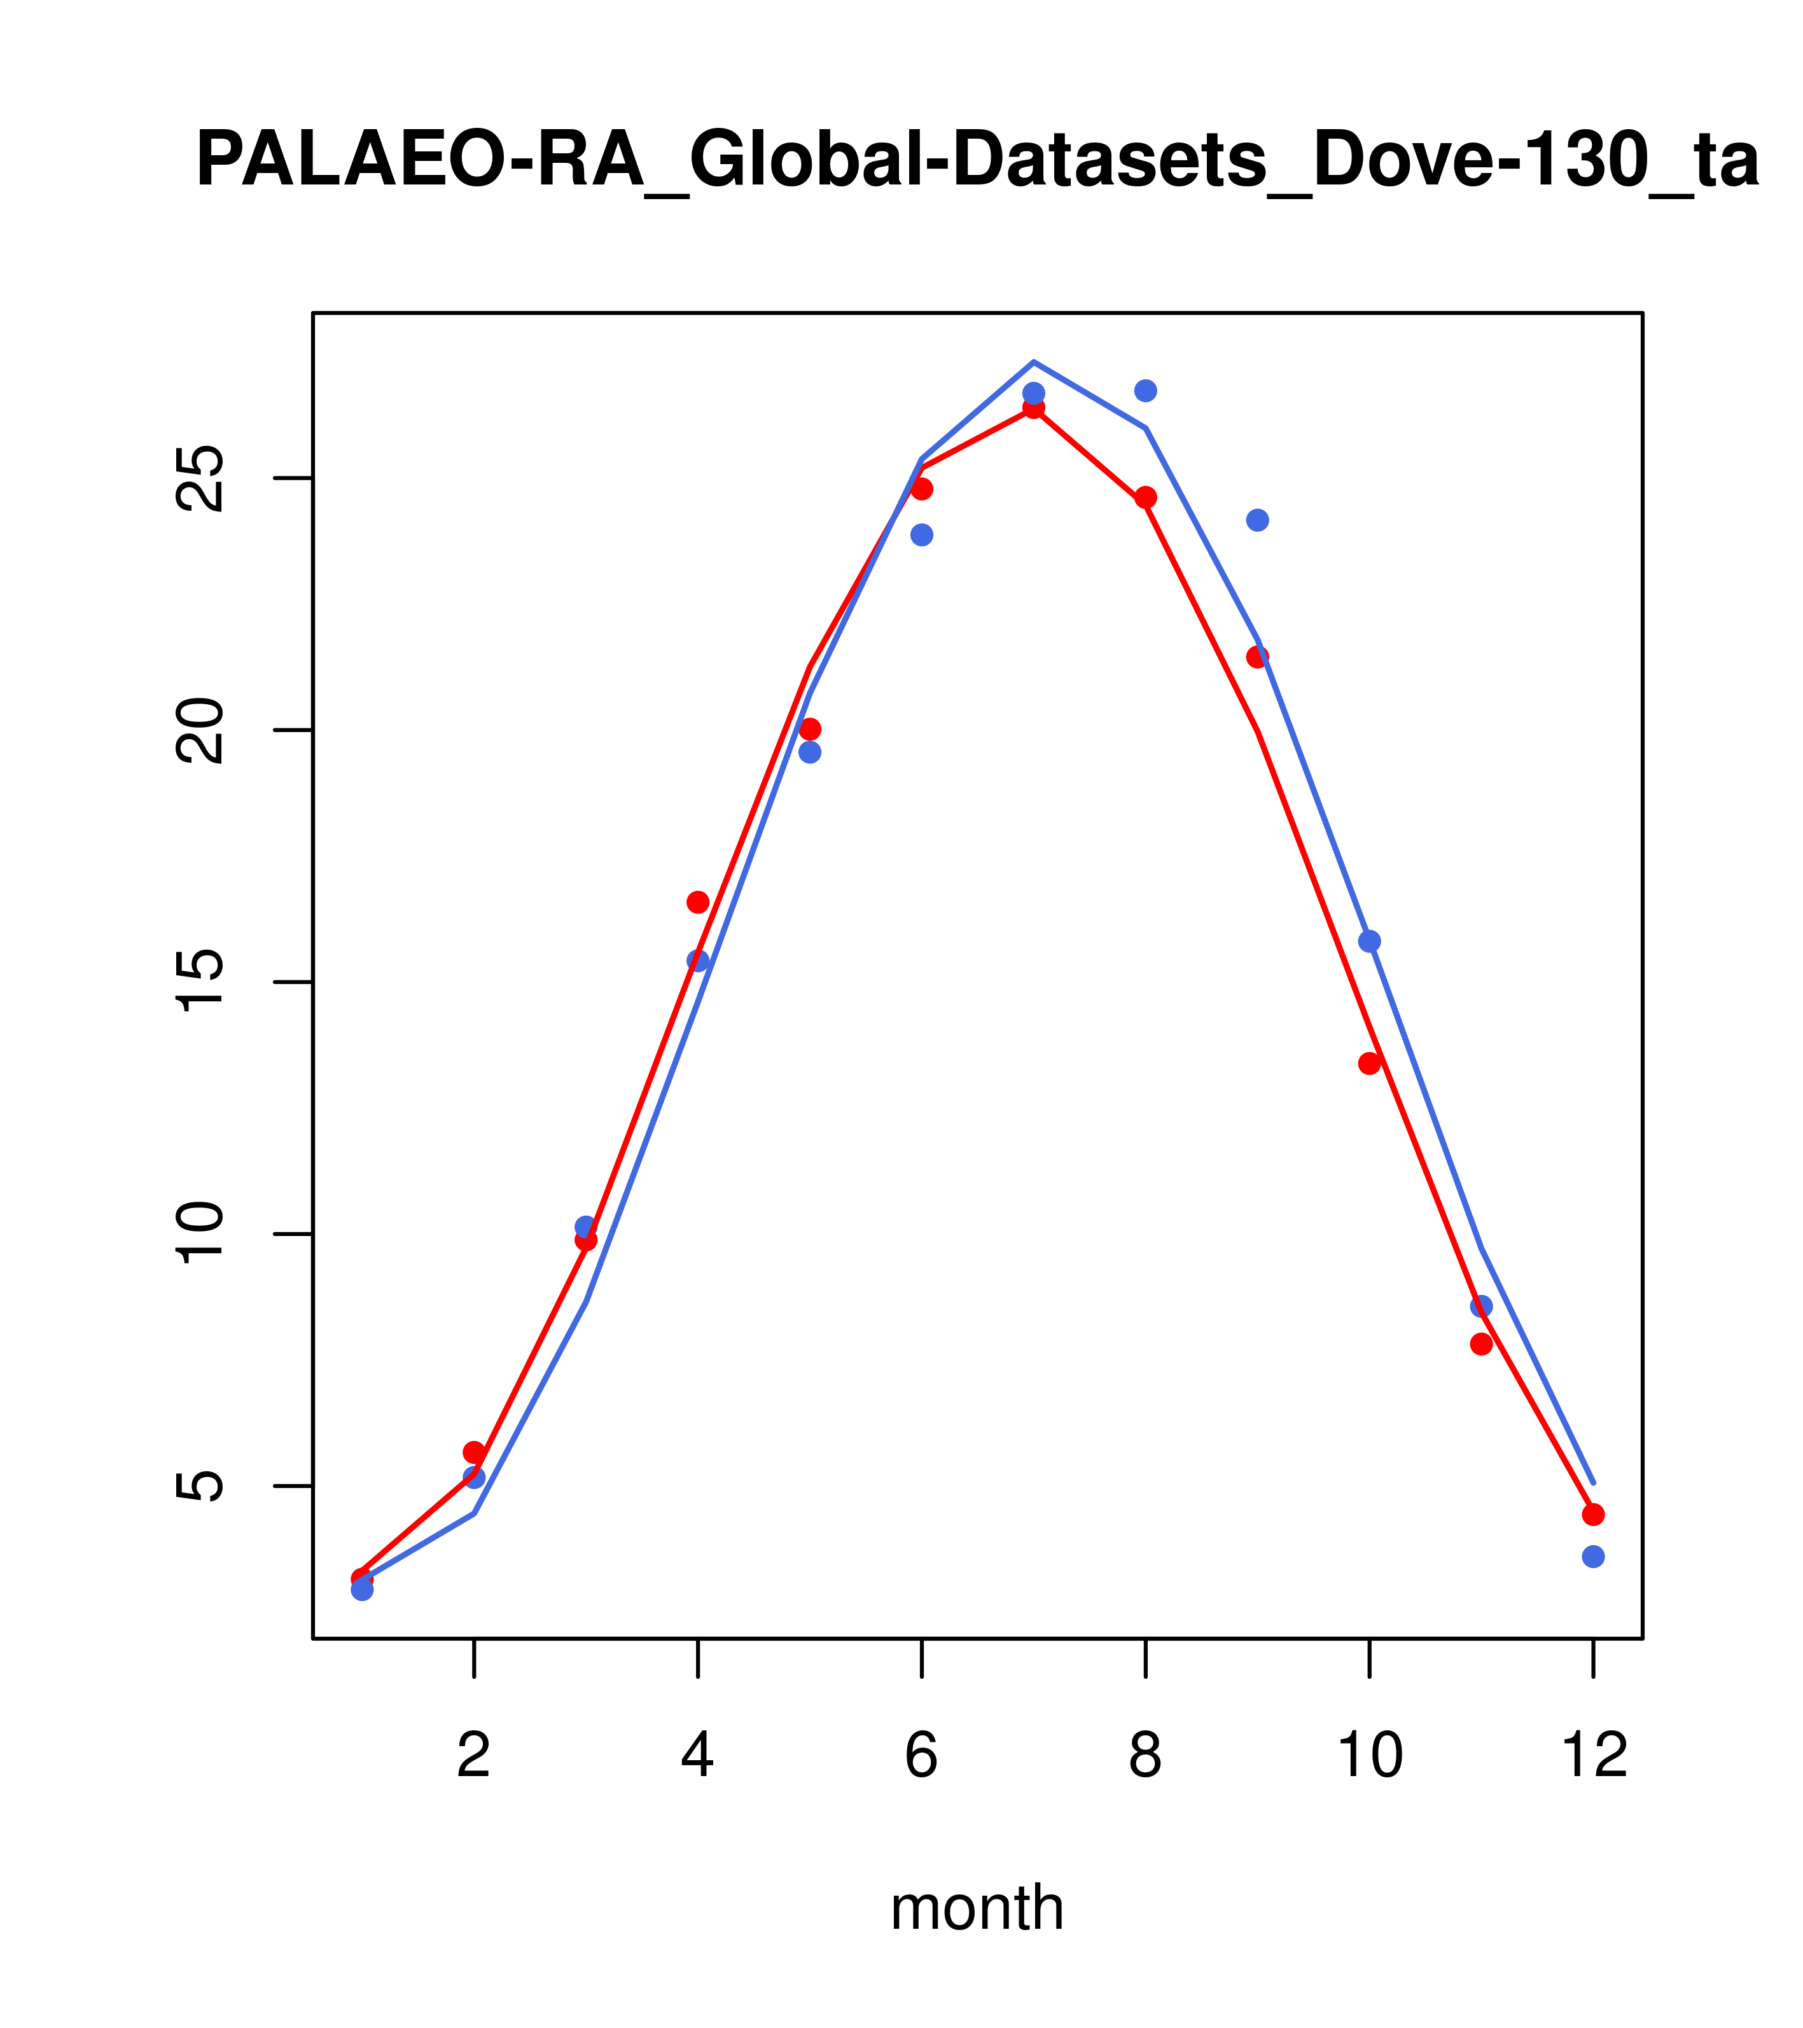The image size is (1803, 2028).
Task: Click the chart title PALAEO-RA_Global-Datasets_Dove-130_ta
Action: (977, 161)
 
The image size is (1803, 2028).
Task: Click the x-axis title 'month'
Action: (977, 1907)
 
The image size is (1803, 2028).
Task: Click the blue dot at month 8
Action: (1145, 391)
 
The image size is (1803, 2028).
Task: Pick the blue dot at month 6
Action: (922, 535)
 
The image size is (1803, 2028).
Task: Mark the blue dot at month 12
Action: (1594, 1557)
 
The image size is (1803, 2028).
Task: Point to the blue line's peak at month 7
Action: (1033, 362)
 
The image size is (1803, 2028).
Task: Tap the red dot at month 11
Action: (1482, 1344)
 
